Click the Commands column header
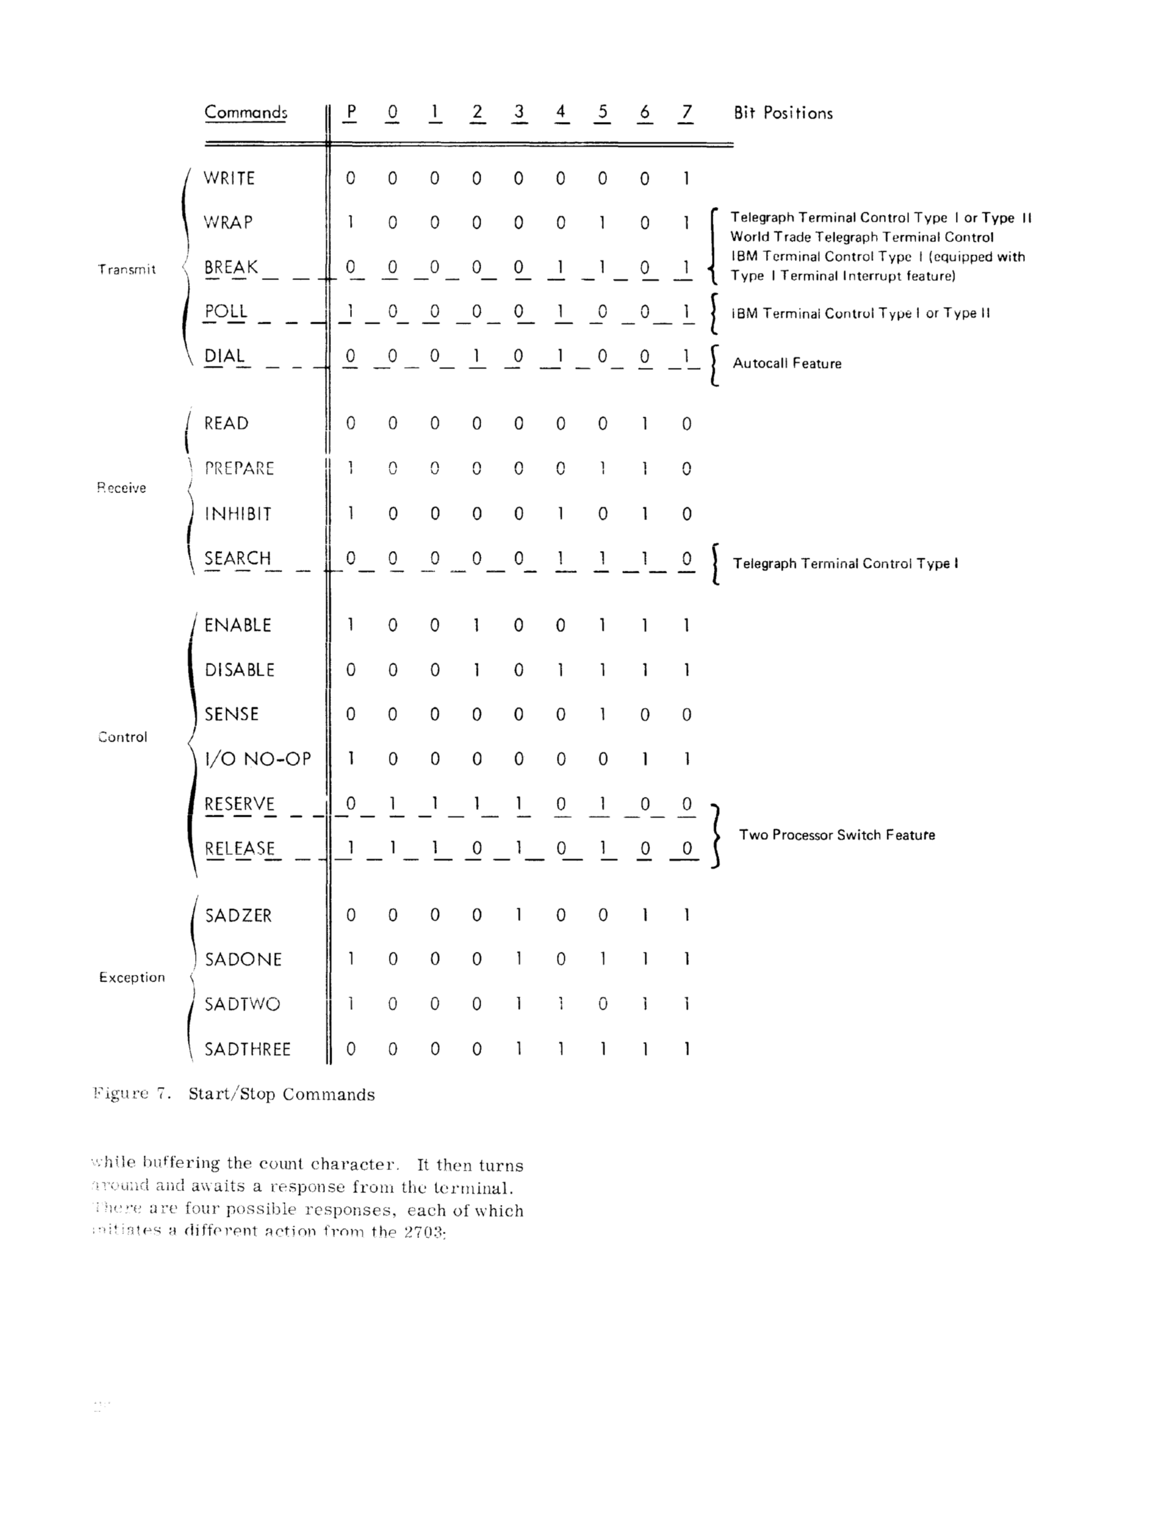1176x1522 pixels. click(245, 113)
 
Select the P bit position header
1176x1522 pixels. click(351, 112)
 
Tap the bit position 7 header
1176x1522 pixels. click(687, 112)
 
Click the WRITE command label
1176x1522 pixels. click(229, 179)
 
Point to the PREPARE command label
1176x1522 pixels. click(239, 468)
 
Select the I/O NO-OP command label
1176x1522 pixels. click(257, 759)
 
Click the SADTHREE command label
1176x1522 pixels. click(247, 1049)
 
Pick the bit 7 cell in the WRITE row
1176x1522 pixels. click(687, 179)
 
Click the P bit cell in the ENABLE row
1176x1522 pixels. click(351, 625)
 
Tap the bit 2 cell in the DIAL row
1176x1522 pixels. click(477, 357)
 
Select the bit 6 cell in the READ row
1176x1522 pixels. click(645, 424)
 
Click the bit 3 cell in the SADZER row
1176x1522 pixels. click(519, 915)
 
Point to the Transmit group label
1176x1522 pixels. click(127, 270)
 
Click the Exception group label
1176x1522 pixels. click(132, 978)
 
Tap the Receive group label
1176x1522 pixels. click(121, 488)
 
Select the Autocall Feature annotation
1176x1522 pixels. click(787, 364)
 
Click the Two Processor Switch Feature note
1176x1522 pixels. click(837, 835)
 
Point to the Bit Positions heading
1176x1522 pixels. click(783, 113)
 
